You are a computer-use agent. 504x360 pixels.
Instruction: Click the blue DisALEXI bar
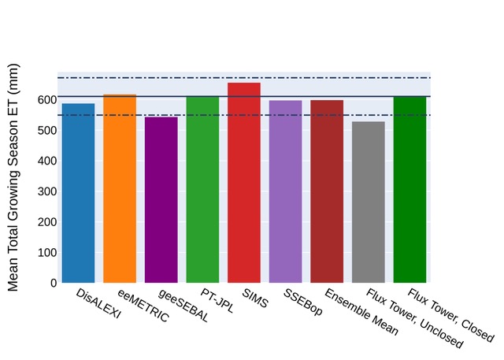point(78,193)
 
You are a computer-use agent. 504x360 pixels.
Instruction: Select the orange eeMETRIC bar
point(120,188)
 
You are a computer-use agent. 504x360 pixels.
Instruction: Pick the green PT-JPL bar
point(202,189)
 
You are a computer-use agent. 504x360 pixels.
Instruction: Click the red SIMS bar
point(244,183)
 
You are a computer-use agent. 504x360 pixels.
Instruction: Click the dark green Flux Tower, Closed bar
point(409,189)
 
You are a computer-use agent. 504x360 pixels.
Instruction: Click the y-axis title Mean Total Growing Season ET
point(14,176)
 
